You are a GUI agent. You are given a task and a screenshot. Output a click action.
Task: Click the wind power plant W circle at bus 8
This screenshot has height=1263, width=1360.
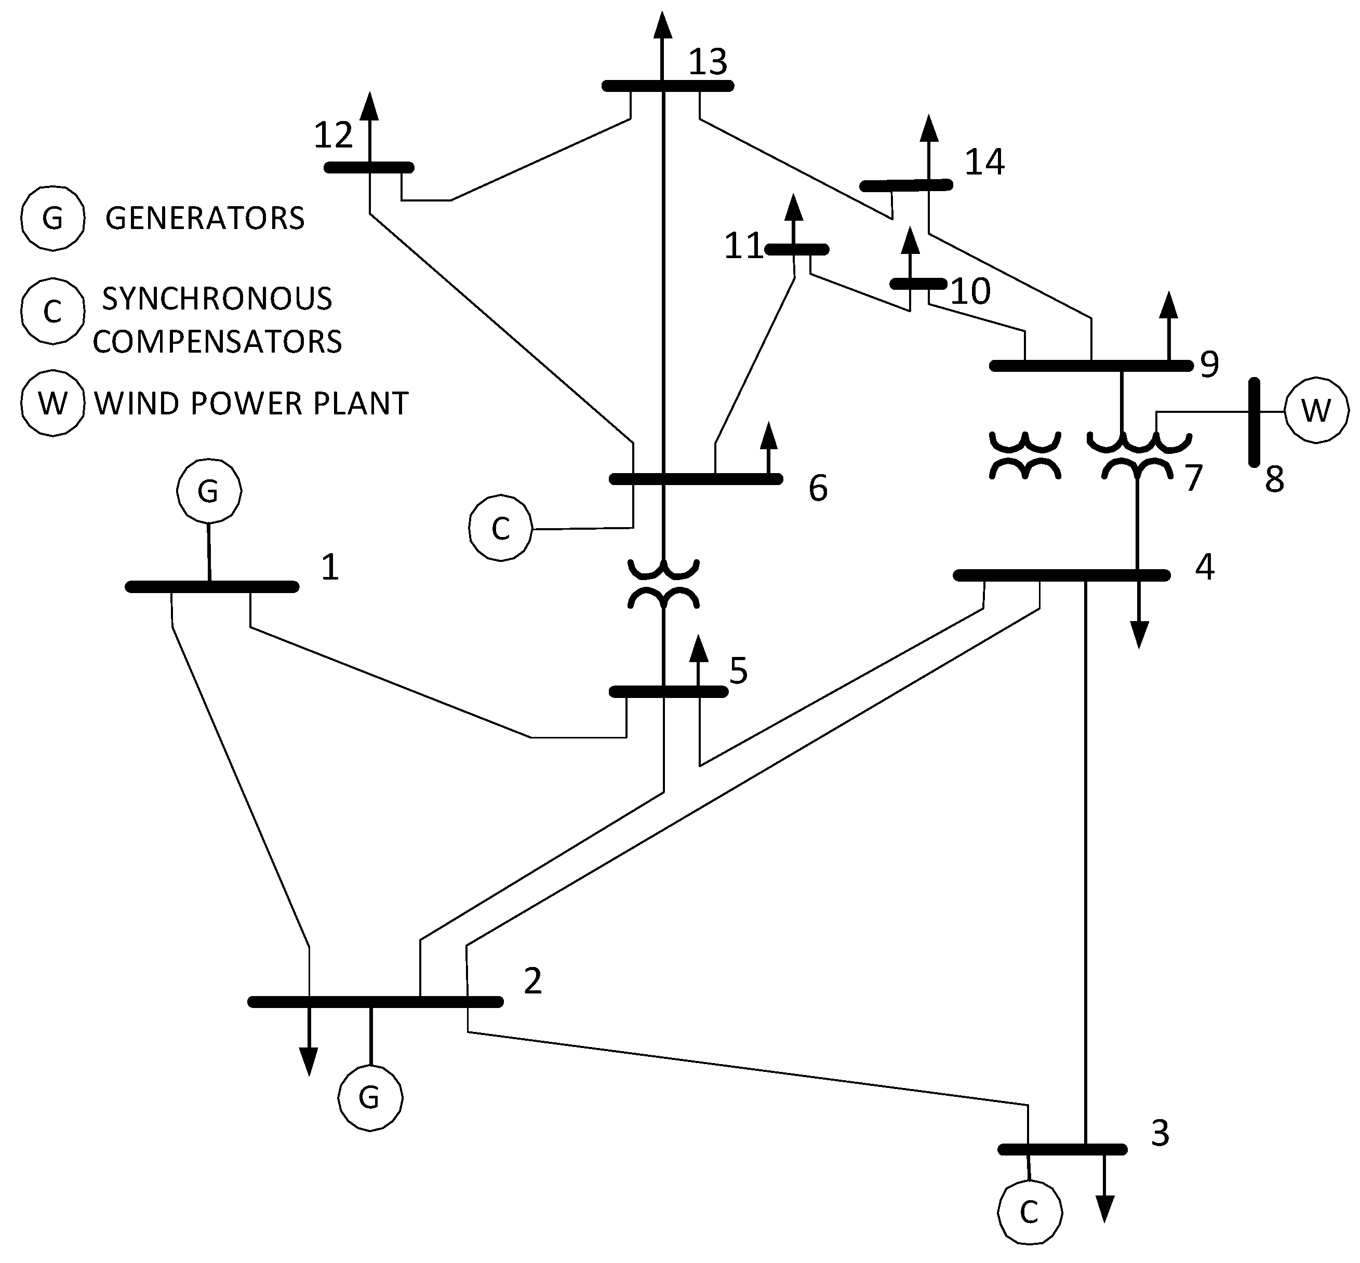(x=1315, y=411)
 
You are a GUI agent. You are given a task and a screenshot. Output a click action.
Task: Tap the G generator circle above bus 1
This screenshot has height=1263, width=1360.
(x=208, y=491)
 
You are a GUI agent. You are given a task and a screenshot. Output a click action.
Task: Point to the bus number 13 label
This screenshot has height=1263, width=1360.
(x=707, y=62)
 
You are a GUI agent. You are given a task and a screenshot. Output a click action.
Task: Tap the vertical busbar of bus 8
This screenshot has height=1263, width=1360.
(x=1254, y=422)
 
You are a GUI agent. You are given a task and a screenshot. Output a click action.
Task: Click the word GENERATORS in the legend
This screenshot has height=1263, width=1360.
(x=205, y=218)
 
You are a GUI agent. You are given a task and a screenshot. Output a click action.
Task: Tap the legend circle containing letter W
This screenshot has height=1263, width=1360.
(x=52, y=403)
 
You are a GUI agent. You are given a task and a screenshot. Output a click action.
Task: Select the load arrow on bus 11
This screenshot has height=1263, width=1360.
(x=793, y=219)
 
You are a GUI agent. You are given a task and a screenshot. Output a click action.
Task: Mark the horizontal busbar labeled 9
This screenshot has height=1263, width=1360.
(x=1090, y=366)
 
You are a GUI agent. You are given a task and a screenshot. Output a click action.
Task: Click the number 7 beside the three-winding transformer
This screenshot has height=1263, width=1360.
(x=1193, y=478)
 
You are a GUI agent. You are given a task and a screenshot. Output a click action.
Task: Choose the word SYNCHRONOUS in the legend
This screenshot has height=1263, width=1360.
(x=217, y=299)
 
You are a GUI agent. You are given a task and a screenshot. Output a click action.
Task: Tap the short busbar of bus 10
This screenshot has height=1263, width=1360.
(x=918, y=284)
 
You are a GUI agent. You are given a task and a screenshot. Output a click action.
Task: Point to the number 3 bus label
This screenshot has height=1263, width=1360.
(x=1159, y=1134)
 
